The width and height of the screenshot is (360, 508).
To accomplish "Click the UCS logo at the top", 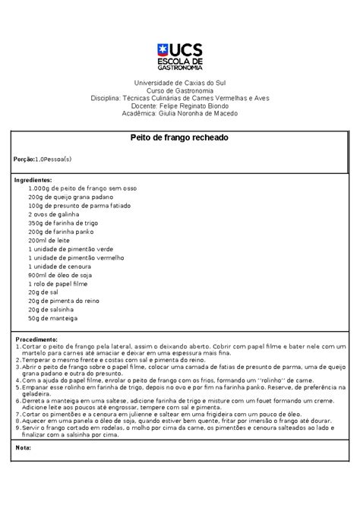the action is coord(179,54).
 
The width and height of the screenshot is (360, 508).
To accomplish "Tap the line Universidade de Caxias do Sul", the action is coord(180,81).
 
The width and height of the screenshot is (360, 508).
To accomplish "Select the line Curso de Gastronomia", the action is coord(180,90).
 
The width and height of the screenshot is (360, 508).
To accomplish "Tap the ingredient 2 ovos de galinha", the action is coord(55,214).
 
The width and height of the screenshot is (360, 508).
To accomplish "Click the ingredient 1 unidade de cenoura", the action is coord(63,266).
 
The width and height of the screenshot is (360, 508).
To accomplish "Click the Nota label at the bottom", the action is coord(23,447).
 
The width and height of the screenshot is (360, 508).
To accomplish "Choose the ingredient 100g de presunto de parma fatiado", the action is coord(80,206).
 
